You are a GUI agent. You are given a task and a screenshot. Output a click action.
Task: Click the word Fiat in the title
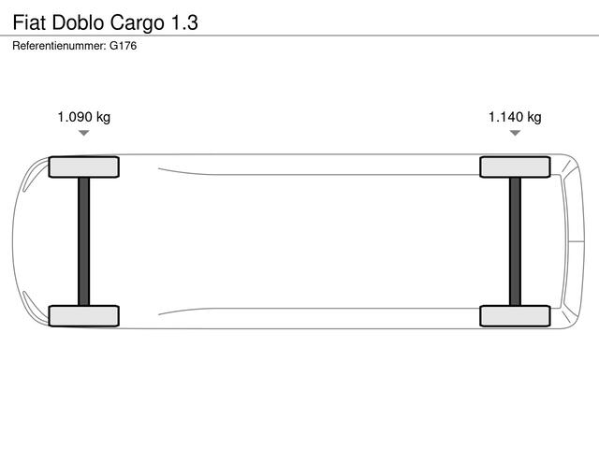point(29,22)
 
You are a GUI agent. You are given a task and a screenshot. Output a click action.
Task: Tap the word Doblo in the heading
point(78,22)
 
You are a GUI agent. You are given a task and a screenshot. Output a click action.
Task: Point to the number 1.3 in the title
point(185,22)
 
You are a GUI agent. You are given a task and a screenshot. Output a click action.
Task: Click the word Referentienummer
point(59,46)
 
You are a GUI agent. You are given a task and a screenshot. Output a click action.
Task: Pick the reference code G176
point(123,46)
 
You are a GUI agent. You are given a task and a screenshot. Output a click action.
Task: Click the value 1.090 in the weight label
point(75,117)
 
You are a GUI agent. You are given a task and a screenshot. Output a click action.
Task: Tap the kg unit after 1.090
point(103,117)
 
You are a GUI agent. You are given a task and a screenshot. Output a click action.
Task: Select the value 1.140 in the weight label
point(506,117)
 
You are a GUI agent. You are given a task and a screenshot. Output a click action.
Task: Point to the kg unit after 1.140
point(534,117)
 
